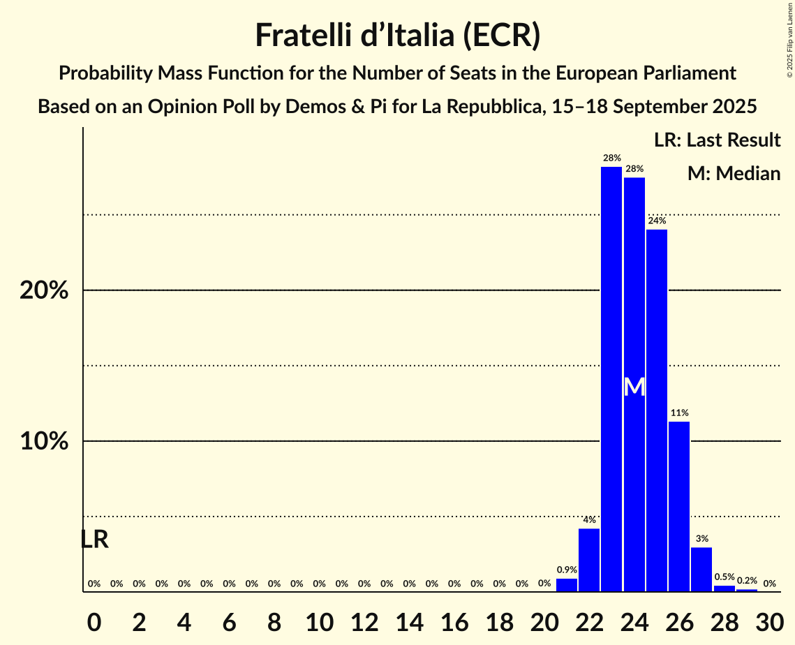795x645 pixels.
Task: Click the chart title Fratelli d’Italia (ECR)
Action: (x=397, y=35)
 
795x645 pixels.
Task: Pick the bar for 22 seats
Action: (x=589, y=560)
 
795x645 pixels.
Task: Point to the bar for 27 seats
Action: (x=701, y=569)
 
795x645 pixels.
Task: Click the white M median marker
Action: (x=634, y=387)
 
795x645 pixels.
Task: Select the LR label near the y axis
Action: (x=94, y=540)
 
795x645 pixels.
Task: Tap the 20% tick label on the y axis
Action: (x=44, y=290)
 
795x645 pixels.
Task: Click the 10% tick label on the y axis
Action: (x=44, y=442)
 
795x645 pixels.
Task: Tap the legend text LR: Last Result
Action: (x=717, y=140)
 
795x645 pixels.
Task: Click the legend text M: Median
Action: (x=734, y=174)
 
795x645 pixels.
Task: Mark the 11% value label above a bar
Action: (x=679, y=413)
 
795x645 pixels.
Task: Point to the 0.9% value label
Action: (x=567, y=570)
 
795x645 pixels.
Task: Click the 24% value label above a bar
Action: (x=657, y=221)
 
